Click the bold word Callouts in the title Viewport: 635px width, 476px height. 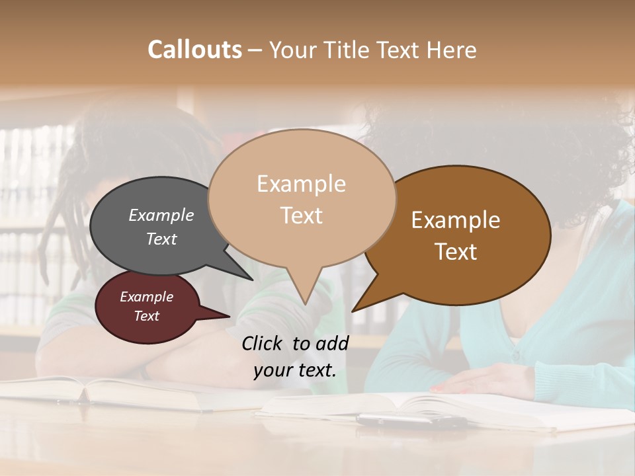pyautogui.click(x=194, y=50)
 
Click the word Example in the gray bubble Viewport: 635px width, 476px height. pyautogui.click(x=161, y=216)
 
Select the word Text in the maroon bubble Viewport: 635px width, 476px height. pyautogui.click(x=146, y=316)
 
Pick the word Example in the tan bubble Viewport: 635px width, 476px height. pyautogui.click(x=301, y=184)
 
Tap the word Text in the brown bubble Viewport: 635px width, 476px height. pyautogui.click(x=456, y=251)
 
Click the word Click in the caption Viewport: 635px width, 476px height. pyautogui.click(x=263, y=343)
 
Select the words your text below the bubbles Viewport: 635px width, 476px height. pyautogui.click(x=294, y=370)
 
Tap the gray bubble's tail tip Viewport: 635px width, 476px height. pyautogui.click(x=251, y=279)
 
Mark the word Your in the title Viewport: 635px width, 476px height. pyautogui.click(x=294, y=50)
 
